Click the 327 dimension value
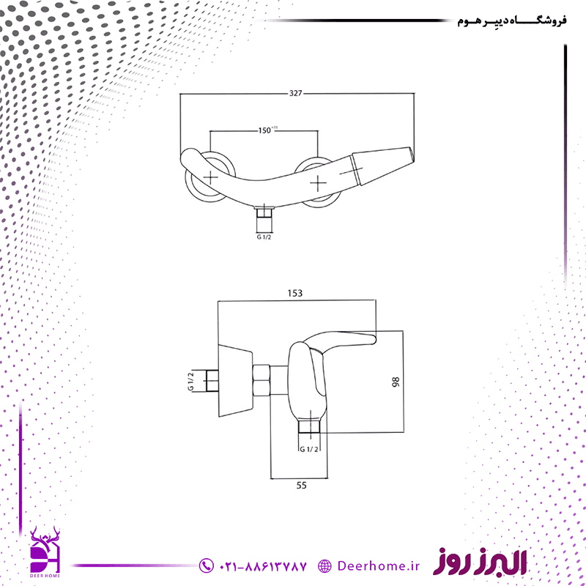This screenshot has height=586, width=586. coord(295,93)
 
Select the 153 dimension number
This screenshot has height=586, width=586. coord(295,294)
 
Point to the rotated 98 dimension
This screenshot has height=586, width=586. coord(396,382)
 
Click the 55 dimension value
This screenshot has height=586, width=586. coord(301,485)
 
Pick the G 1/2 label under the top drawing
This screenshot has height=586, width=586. coord(264,237)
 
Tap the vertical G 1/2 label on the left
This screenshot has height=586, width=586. coord(190,381)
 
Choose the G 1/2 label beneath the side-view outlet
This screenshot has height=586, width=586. coord(309,449)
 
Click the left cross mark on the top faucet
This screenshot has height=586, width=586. coord(210,177)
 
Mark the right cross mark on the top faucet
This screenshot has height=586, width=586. coord(318,183)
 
